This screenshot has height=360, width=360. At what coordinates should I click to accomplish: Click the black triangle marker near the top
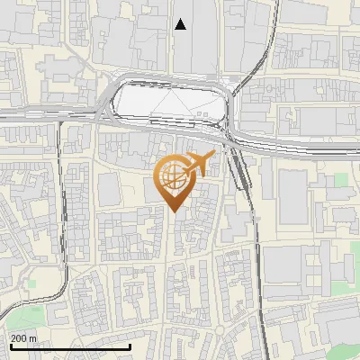click(181, 24)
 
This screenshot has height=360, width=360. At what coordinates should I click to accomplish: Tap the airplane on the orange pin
click(199, 165)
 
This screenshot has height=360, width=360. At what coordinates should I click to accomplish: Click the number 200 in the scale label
click(18, 337)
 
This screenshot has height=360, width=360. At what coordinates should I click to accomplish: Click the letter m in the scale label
click(33, 337)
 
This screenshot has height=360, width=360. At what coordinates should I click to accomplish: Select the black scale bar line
click(70, 346)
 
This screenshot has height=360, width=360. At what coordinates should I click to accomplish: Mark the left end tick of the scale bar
click(10, 346)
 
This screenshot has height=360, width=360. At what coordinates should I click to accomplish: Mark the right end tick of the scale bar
click(130, 346)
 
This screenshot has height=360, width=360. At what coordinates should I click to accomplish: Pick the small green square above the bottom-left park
click(31, 283)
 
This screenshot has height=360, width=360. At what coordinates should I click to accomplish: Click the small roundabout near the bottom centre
click(220, 334)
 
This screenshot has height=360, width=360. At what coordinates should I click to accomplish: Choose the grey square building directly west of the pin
click(108, 187)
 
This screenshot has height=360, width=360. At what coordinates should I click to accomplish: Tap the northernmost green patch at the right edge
click(340, 180)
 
